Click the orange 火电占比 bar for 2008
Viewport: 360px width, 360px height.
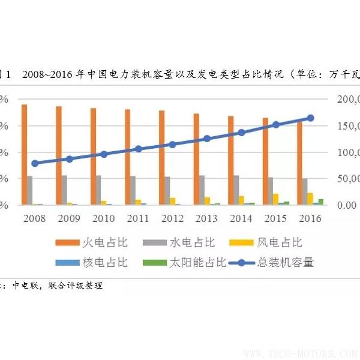pos(24,155)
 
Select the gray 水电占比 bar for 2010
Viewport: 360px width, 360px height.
pos(98,190)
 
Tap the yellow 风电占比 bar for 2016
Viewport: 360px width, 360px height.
pos(310,199)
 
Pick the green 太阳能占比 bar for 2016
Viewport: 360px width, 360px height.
pos(321,202)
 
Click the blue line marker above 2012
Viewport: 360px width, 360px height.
pos(172,145)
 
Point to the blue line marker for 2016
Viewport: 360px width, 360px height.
pos(310,118)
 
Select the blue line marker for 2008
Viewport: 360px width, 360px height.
pos(35,163)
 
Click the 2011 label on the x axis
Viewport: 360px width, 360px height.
pos(138,218)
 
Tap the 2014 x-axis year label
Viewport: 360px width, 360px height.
pos(241,218)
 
